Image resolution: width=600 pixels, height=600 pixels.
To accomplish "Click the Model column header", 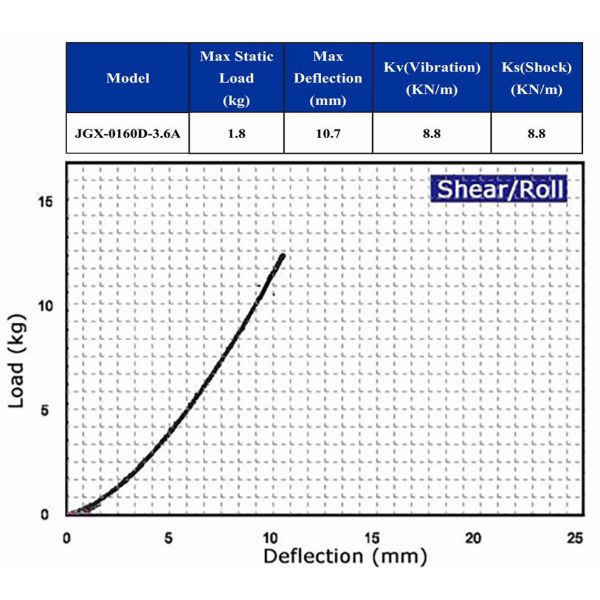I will (128, 78).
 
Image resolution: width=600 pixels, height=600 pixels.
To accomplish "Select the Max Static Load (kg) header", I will (236, 77).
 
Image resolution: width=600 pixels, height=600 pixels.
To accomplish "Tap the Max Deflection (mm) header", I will (328, 77).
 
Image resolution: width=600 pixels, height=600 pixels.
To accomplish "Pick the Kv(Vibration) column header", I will (431, 77).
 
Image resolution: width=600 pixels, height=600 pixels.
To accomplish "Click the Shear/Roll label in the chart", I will (499, 189).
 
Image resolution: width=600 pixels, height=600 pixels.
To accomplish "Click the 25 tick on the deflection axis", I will (574, 537).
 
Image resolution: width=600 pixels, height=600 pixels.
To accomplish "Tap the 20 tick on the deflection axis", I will (473, 537).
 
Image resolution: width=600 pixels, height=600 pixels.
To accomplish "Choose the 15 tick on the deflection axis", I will (371, 537).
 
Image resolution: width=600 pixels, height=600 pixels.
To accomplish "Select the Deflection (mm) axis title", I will (345, 557).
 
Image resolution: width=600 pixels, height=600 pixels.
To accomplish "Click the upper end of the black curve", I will (283, 256).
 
